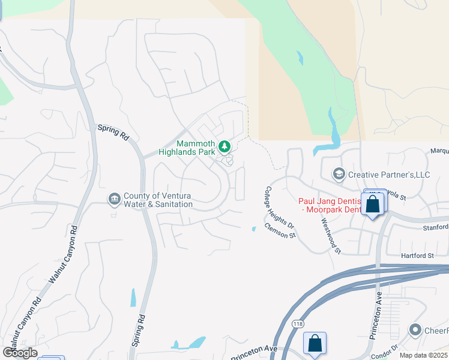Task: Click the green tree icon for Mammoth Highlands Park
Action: pos(224,146)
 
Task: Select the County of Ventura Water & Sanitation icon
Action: pos(114,199)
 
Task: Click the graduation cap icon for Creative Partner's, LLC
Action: pos(339,174)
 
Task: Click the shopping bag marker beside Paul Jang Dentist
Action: pos(373,204)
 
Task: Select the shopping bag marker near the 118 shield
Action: pos(315,344)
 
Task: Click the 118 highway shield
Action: pos(298,324)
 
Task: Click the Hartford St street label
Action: pos(417,256)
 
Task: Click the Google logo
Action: pos(20,352)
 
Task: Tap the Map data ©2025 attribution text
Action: pos(423,355)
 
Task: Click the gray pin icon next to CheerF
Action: pos(415,330)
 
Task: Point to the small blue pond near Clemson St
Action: pos(253,228)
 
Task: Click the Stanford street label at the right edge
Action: pos(435,227)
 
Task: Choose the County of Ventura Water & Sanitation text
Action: pos(158,200)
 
